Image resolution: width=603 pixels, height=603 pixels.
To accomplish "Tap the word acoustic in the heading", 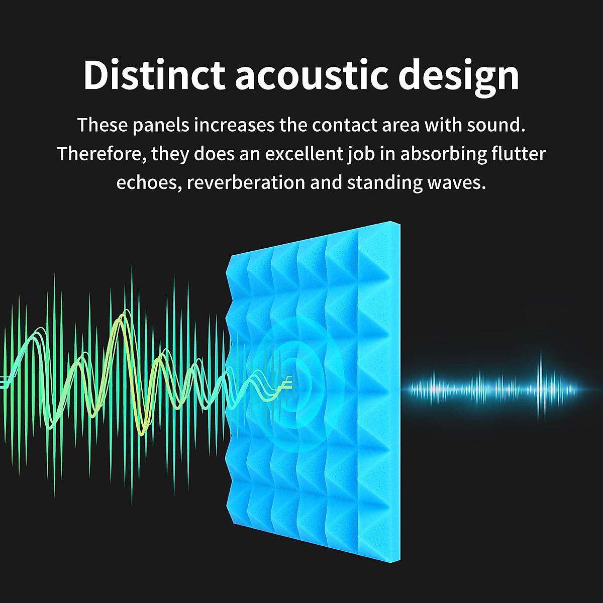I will coord(312,75).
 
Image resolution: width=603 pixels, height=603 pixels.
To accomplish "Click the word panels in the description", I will coord(161,125).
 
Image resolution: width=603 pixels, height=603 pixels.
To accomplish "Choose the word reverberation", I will coord(245,182).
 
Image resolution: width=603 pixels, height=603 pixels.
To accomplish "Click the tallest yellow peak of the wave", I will coord(121,319).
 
